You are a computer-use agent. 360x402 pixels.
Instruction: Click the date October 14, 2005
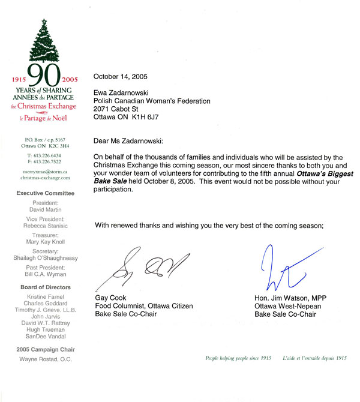pyautogui.click(x=121, y=76)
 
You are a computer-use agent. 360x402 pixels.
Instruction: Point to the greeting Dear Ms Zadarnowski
pyautogui.click(x=134, y=141)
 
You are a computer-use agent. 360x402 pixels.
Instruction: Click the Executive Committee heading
pyautogui.click(x=46, y=193)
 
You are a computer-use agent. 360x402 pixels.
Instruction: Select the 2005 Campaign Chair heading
pyautogui.click(x=46, y=349)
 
